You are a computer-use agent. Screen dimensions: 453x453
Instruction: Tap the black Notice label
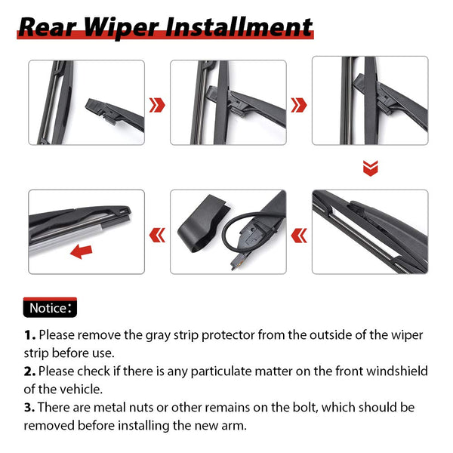(x=49, y=308)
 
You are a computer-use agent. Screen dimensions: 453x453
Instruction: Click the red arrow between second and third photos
(x=299, y=103)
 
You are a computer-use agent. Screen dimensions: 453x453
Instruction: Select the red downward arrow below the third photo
(x=370, y=167)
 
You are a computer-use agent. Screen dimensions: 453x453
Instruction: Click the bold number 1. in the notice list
(x=29, y=334)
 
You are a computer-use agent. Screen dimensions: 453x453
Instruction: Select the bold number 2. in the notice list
(x=29, y=371)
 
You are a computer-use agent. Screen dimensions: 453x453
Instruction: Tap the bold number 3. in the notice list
(x=29, y=407)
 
